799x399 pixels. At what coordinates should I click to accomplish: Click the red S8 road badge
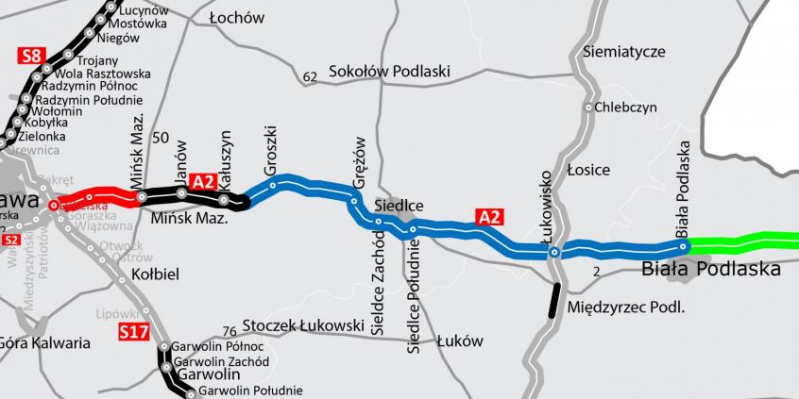30,58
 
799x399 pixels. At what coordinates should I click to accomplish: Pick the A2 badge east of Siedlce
487,218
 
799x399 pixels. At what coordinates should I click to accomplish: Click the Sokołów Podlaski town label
390,72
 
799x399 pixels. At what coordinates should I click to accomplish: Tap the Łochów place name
237,18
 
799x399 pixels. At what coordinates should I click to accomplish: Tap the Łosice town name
588,170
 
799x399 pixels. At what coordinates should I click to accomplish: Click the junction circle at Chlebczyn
588,108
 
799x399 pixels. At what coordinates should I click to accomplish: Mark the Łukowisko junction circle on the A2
555,252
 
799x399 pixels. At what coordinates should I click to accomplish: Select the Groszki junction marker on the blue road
272,186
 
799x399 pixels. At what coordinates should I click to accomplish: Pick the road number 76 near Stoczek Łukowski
229,331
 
